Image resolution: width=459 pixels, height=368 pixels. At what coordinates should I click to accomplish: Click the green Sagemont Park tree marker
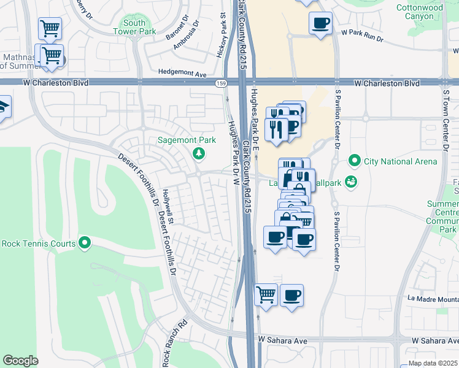(198, 153)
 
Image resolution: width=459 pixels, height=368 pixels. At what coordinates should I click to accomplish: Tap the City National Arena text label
(401, 161)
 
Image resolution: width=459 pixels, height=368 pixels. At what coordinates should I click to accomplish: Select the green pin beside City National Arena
(354, 161)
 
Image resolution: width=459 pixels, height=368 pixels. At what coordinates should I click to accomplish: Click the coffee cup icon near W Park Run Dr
(320, 24)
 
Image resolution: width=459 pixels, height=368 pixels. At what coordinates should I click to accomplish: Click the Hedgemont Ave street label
(182, 72)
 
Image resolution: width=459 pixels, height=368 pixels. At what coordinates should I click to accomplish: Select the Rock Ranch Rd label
(174, 345)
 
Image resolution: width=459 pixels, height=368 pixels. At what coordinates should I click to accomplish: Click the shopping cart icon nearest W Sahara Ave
(266, 294)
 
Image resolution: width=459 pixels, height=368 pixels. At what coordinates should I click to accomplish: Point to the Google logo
(21, 361)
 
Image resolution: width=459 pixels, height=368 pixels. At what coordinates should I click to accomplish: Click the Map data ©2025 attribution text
(433, 363)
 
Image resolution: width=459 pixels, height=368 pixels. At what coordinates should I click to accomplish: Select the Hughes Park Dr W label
(233, 153)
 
